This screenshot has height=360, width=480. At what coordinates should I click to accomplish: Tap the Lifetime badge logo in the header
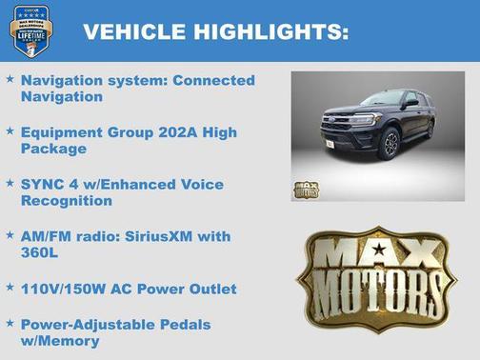31,30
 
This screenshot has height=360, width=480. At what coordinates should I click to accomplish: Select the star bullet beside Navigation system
10,80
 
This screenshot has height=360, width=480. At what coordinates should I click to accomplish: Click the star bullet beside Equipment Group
10,131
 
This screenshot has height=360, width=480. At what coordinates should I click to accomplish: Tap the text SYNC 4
48,184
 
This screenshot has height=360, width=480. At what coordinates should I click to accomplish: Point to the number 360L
42,253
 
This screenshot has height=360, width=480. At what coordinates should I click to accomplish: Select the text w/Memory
60,341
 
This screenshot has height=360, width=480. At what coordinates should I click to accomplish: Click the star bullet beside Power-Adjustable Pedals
10,323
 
